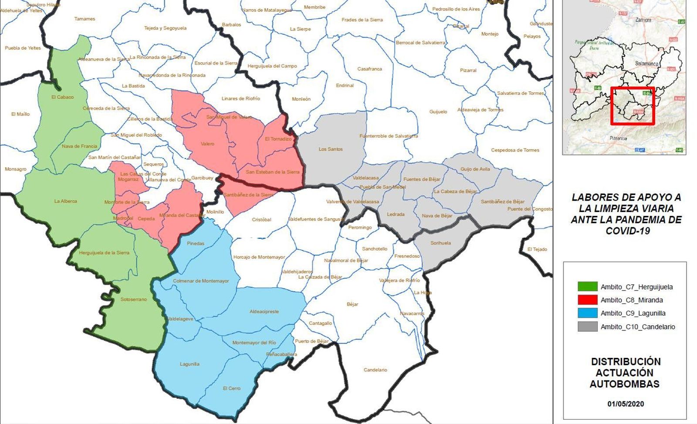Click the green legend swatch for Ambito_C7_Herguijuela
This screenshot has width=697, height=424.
[587, 287]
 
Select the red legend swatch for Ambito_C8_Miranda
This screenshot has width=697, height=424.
[587, 300]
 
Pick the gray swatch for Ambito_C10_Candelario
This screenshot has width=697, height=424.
[587, 326]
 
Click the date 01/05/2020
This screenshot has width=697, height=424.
[626, 404]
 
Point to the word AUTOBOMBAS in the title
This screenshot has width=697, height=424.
[625, 384]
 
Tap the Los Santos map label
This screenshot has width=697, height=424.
[331, 149]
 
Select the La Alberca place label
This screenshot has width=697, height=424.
[66, 201]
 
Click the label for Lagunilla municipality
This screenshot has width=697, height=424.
[189, 364]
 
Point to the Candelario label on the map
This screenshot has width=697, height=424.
[375, 370]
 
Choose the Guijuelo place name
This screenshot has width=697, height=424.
[438, 112]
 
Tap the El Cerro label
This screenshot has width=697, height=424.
[231, 388]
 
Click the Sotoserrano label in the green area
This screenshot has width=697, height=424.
[134, 299]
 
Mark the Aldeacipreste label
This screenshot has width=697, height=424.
[264, 312]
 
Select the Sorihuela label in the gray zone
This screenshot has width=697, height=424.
[440, 243]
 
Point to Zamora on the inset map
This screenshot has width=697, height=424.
[643, 20]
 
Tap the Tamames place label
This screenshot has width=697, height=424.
[85, 19]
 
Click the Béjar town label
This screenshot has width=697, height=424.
[352, 304]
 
